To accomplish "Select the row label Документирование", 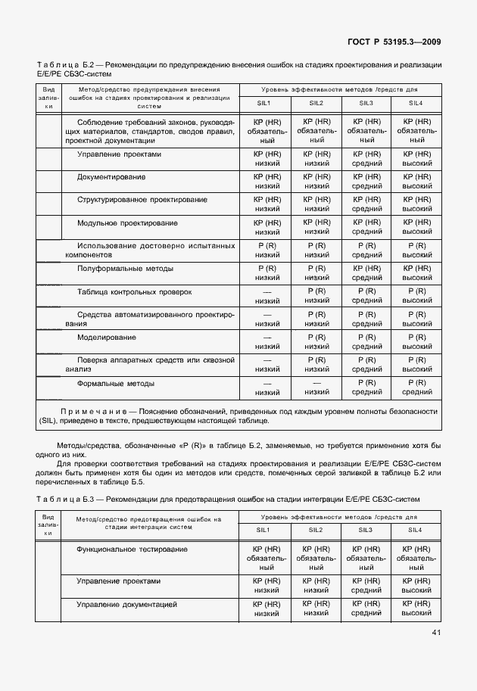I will tap(111, 177).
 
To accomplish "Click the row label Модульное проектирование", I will tap(127, 223).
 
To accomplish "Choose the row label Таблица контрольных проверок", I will tap(134, 291).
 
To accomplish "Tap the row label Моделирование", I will tap(106, 337).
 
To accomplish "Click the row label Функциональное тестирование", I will tap(132, 549).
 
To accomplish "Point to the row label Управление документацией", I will tap(126, 605).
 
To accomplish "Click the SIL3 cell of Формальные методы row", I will tap(366, 388).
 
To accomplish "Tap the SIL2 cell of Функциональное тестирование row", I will tap(316, 558).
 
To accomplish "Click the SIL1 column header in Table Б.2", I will tap(264, 103).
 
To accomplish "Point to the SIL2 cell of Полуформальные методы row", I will tap(316, 273).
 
